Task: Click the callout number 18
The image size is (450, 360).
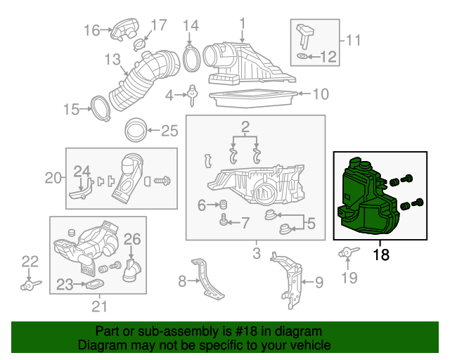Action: (x=380, y=255)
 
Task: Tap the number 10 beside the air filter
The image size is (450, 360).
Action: (x=320, y=94)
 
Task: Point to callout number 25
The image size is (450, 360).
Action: (x=169, y=130)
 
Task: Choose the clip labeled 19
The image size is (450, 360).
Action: (x=347, y=252)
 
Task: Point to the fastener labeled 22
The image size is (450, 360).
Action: (x=28, y=285)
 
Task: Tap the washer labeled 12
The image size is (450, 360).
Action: (x=303, y=56)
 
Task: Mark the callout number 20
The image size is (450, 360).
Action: (x=54, y=178)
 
